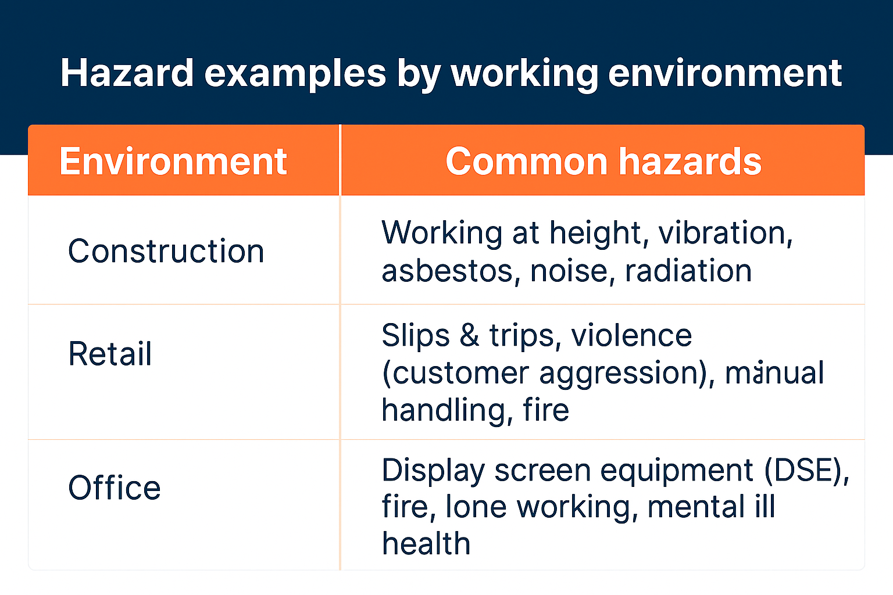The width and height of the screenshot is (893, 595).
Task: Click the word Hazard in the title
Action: click(x=127, y=73)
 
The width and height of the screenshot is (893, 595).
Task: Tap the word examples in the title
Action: click(x=295, y=76)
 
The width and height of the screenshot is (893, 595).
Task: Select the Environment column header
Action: click(x=173, y=161)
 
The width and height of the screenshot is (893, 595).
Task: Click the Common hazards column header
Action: click(x=603, y=161)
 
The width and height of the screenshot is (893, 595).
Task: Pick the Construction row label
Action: click(x=166, y=250)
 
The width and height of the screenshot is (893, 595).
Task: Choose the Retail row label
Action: click(x=110, y=353)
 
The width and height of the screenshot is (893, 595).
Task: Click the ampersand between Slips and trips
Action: click(x=469, y=335)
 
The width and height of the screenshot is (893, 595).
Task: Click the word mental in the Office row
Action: click(x=696, y=507)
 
